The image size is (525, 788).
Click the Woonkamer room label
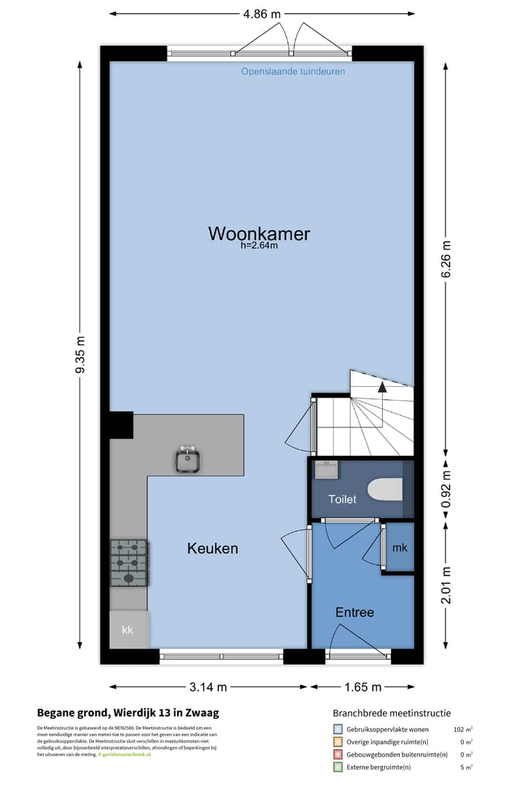(259, 234)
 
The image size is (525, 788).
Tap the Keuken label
(212, 549)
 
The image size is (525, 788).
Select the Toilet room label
(343, 500)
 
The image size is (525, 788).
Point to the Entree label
(354, 613)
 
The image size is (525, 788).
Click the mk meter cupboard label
(400, 548)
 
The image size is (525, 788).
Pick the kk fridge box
(128, 630)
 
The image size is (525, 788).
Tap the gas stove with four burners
(128, 563)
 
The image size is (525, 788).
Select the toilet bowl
(384, 490)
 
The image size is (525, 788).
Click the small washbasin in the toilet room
(325, 469)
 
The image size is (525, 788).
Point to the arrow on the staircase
(383, 387)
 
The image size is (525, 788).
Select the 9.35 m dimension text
(80, 355)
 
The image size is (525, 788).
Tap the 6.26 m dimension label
(447, 258)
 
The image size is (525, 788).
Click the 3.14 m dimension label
(208, 687)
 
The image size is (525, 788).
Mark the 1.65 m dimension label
(362, 687)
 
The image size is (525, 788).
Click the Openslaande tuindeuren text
(293, 72)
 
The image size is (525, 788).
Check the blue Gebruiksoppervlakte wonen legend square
(338, 729)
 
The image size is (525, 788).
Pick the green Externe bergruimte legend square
(338, 767)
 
